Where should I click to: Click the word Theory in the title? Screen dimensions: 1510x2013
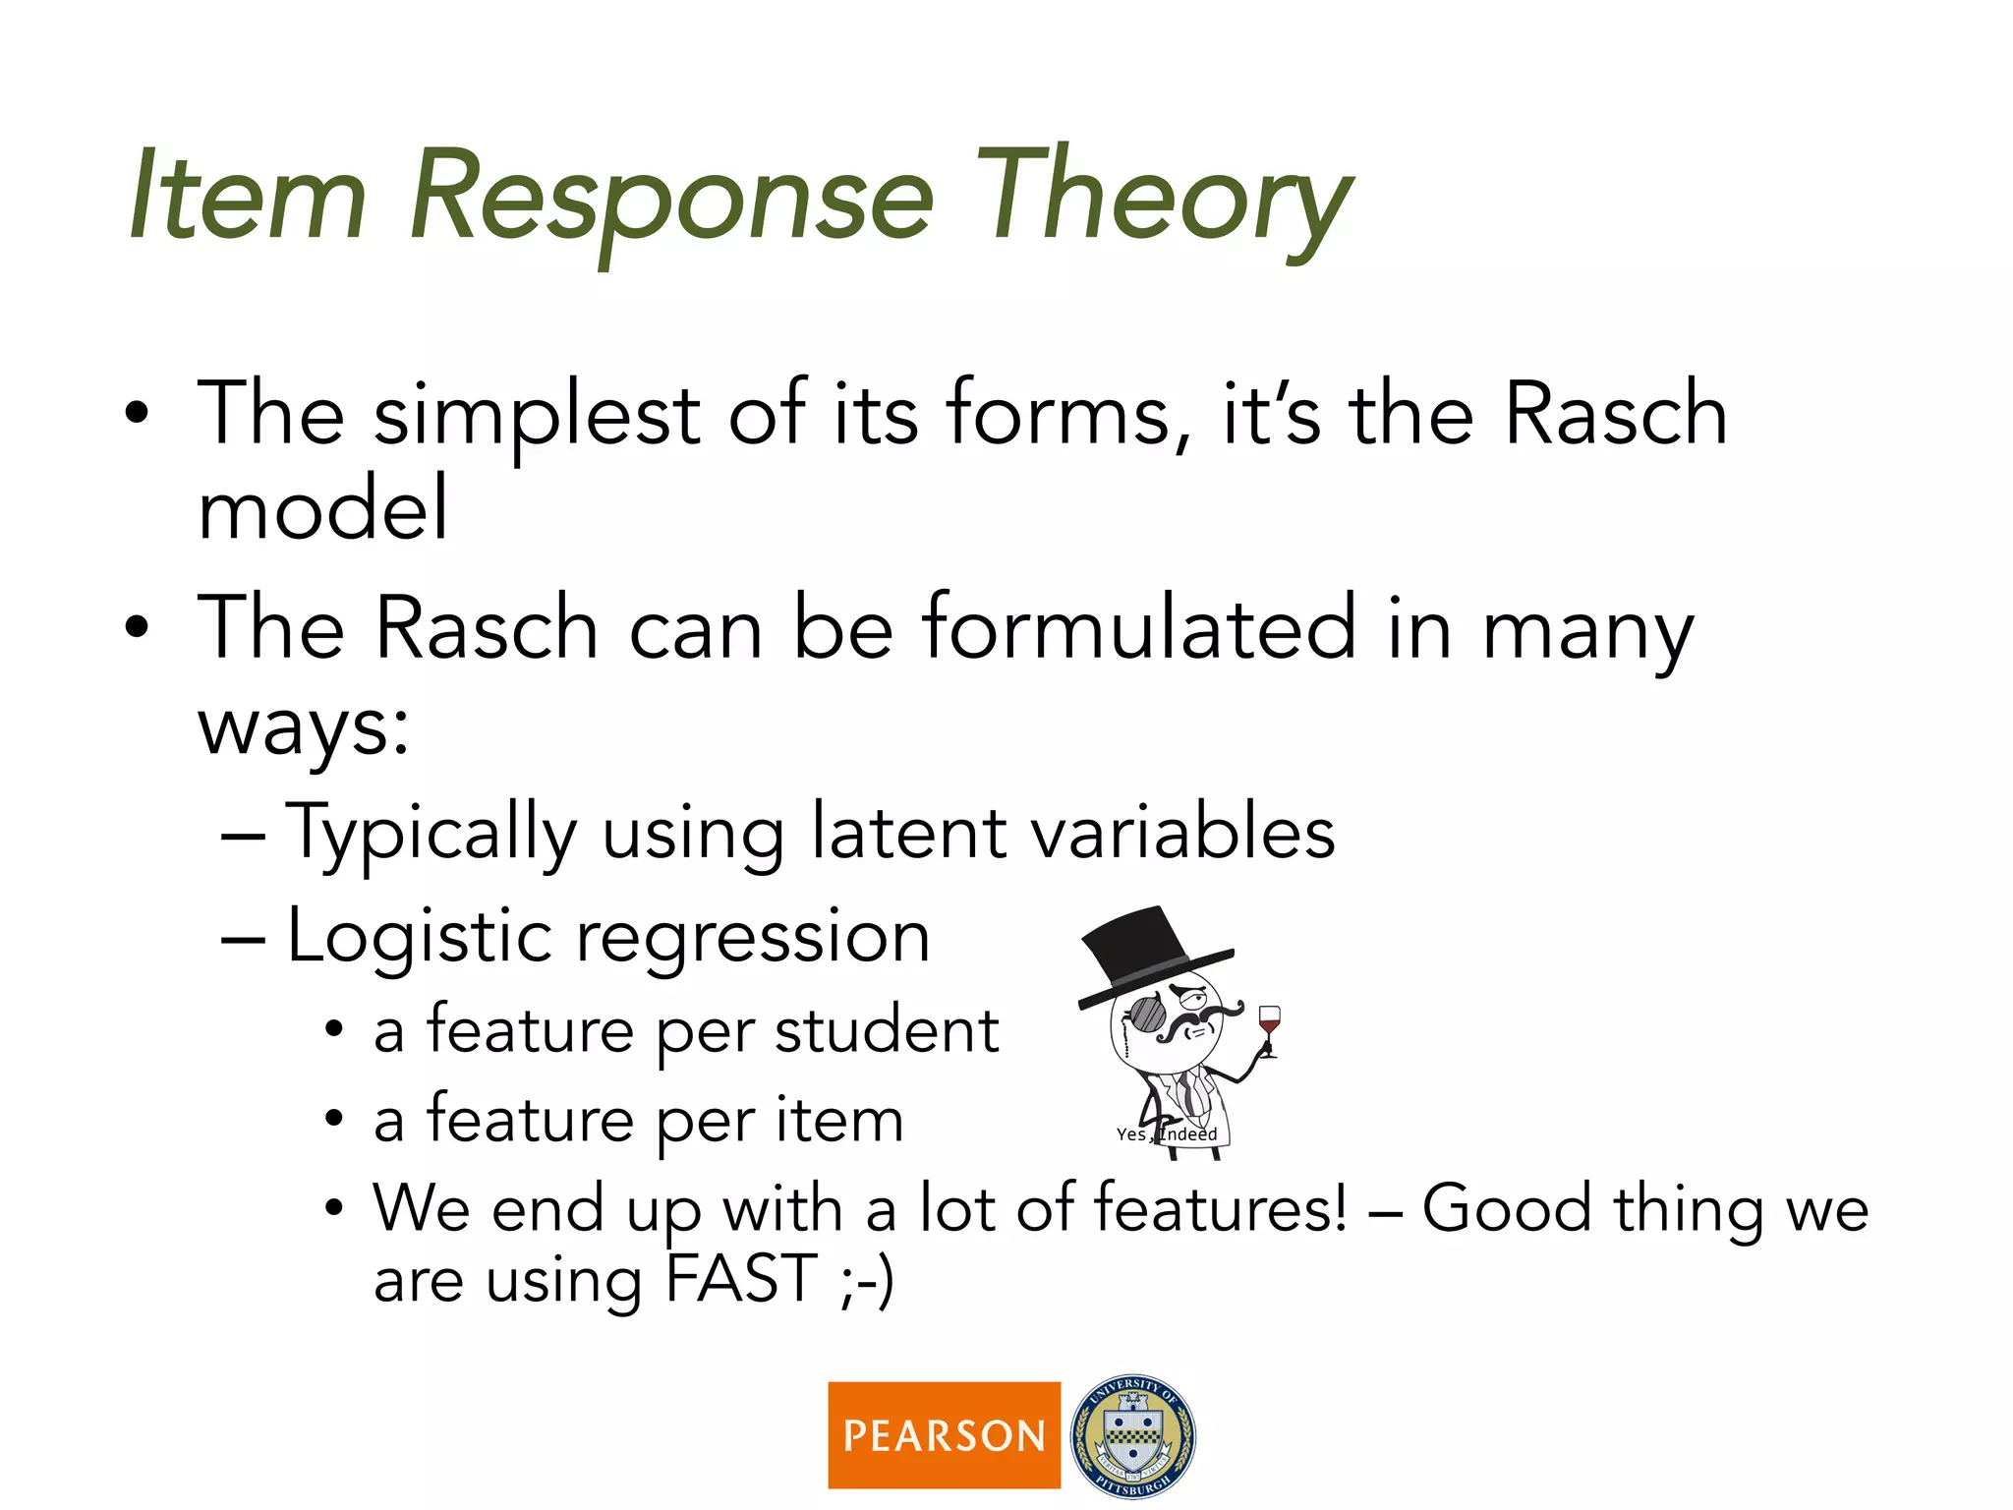pos(1165,197)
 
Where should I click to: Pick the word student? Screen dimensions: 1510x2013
pos(886,1032)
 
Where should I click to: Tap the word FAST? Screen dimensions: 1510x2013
pos(741,1280)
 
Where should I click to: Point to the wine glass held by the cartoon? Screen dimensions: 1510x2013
pos(1269,1027)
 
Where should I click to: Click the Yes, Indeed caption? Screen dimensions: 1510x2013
pos(1166,1134)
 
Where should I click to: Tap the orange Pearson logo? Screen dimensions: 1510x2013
pos(944,1435)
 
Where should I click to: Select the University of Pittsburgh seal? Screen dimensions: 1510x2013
pos(1133,1436)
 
